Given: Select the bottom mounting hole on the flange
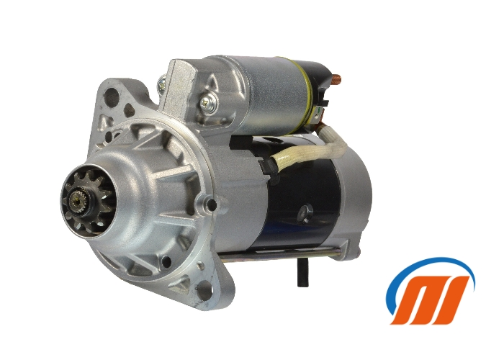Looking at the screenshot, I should (204, 292).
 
